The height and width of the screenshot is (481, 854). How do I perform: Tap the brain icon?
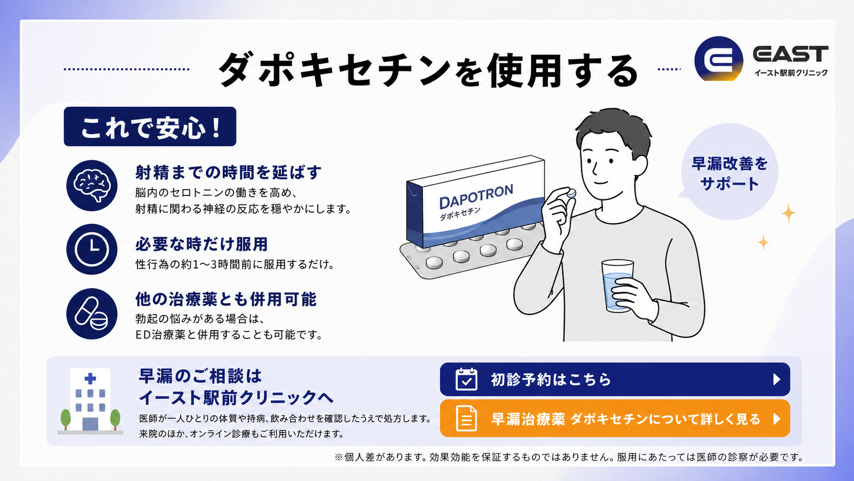pos(92,186)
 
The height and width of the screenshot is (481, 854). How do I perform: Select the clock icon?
pos(92,249)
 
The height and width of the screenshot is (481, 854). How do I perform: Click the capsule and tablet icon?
pos(92,313)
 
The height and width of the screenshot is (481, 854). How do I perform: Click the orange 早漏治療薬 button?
pos(614,419)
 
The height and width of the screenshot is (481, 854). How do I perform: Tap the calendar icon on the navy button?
pos(466,379)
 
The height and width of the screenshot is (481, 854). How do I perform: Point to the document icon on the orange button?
pos(466,419)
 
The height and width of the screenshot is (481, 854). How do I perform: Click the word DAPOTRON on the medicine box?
pos(476,196)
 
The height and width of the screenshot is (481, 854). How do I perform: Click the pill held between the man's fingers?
pos(571,193)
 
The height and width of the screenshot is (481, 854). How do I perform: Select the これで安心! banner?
pos(150,127)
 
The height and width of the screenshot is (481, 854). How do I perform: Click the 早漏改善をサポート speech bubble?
pos(729,172)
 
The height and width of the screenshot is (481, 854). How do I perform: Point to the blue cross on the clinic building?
pos(90,378)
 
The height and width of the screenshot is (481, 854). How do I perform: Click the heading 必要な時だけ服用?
pos(202,244)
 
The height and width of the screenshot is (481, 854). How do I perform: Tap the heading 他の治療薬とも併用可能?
pos(226,300)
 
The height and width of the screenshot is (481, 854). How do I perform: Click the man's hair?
pos(612,131)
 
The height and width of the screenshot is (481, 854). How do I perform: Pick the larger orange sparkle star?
pos(788,213)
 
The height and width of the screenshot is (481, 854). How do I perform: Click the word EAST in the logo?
pos(791,54)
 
